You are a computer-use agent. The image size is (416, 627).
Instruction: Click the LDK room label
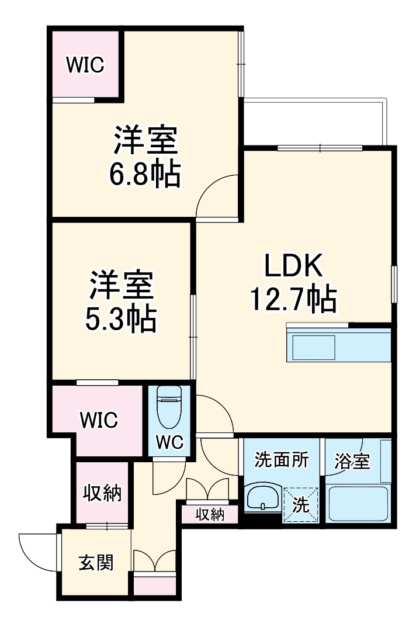click(294, 267)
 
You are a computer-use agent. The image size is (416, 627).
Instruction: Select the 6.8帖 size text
click(145, 174)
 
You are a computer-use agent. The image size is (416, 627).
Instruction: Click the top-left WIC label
click(85, 65)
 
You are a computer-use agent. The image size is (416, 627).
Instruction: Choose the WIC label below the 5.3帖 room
click(99, 419)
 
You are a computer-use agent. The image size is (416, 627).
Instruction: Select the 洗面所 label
click(281, 460)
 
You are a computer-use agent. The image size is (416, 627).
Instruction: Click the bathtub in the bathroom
click(358, 503)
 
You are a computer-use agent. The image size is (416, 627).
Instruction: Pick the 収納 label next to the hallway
click(101, 493)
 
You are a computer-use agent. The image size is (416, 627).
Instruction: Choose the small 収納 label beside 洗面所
click(209, 515)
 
